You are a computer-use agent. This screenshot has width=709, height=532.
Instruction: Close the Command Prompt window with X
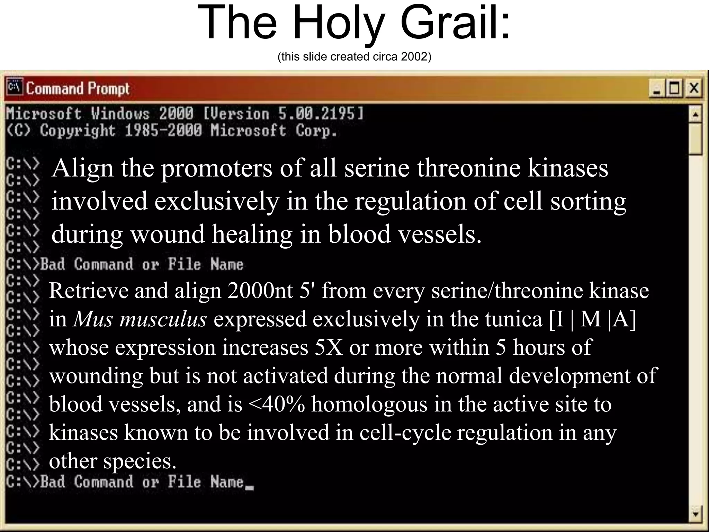click(694, 88)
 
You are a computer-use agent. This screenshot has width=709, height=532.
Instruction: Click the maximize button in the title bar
click(674, 88)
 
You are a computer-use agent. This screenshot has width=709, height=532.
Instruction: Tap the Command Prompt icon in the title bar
click(14, 87)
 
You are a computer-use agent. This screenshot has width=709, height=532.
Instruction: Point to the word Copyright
click(77, 131)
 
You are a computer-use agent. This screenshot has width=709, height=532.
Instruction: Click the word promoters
click(217, 169)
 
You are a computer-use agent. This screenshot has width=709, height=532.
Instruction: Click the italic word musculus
click(163, 319)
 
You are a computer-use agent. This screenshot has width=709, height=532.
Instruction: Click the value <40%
click(277, 404)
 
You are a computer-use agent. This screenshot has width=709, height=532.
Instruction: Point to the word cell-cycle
click(405, 433)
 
